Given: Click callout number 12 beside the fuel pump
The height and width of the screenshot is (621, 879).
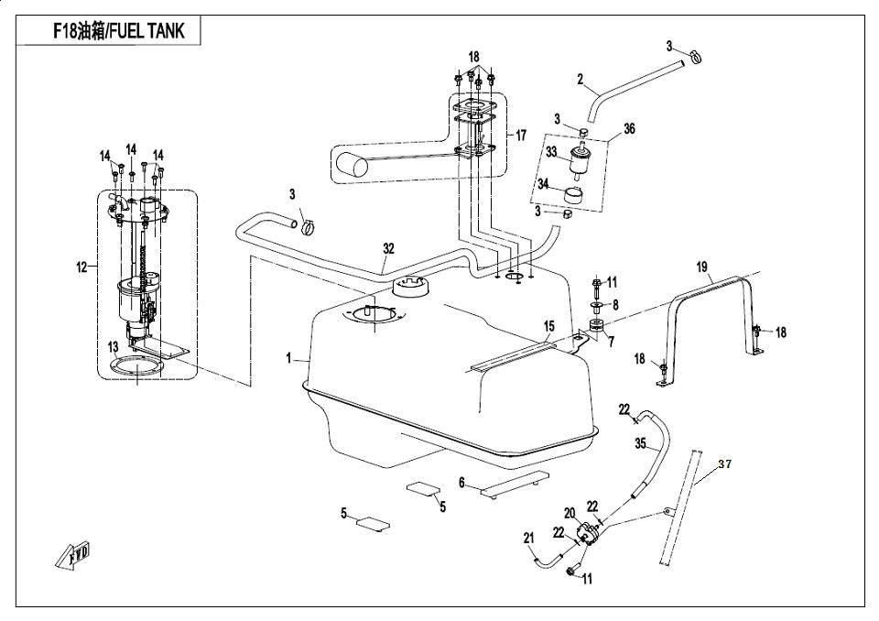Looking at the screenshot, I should (x=81, y=267).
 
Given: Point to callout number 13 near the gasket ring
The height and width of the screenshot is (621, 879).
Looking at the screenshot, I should (x=113, y=347).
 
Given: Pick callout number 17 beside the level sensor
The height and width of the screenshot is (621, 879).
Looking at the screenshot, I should (x=521, y=136).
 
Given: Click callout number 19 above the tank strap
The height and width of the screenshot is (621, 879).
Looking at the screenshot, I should (x=702, y=267).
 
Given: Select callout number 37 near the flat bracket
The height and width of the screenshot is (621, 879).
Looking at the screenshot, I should (x=724, y=464).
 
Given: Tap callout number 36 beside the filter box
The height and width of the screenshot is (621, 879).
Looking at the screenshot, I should (x=629, y=129).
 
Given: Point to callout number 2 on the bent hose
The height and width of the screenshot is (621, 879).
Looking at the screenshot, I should (x=580, y=80).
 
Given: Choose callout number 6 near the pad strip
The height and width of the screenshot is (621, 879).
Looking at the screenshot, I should (x=462, y=482).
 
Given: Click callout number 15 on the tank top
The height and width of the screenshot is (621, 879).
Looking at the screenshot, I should (x=549, y=326).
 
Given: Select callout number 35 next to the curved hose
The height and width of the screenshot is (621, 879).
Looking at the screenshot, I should (x=641, y=443).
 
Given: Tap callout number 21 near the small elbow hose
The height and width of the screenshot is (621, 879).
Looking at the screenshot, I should (x=528, y=539).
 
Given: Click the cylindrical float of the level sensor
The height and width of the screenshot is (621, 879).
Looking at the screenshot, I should (x=350, y=166).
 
